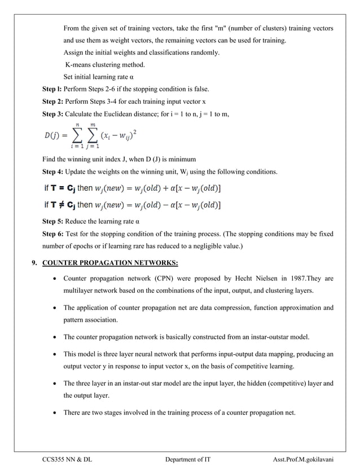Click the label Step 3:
tap(53, 115)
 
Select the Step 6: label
tap(53, 234)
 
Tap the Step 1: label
tap(53, 89)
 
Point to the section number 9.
tap(35, 262)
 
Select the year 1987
tap(288, 279)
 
